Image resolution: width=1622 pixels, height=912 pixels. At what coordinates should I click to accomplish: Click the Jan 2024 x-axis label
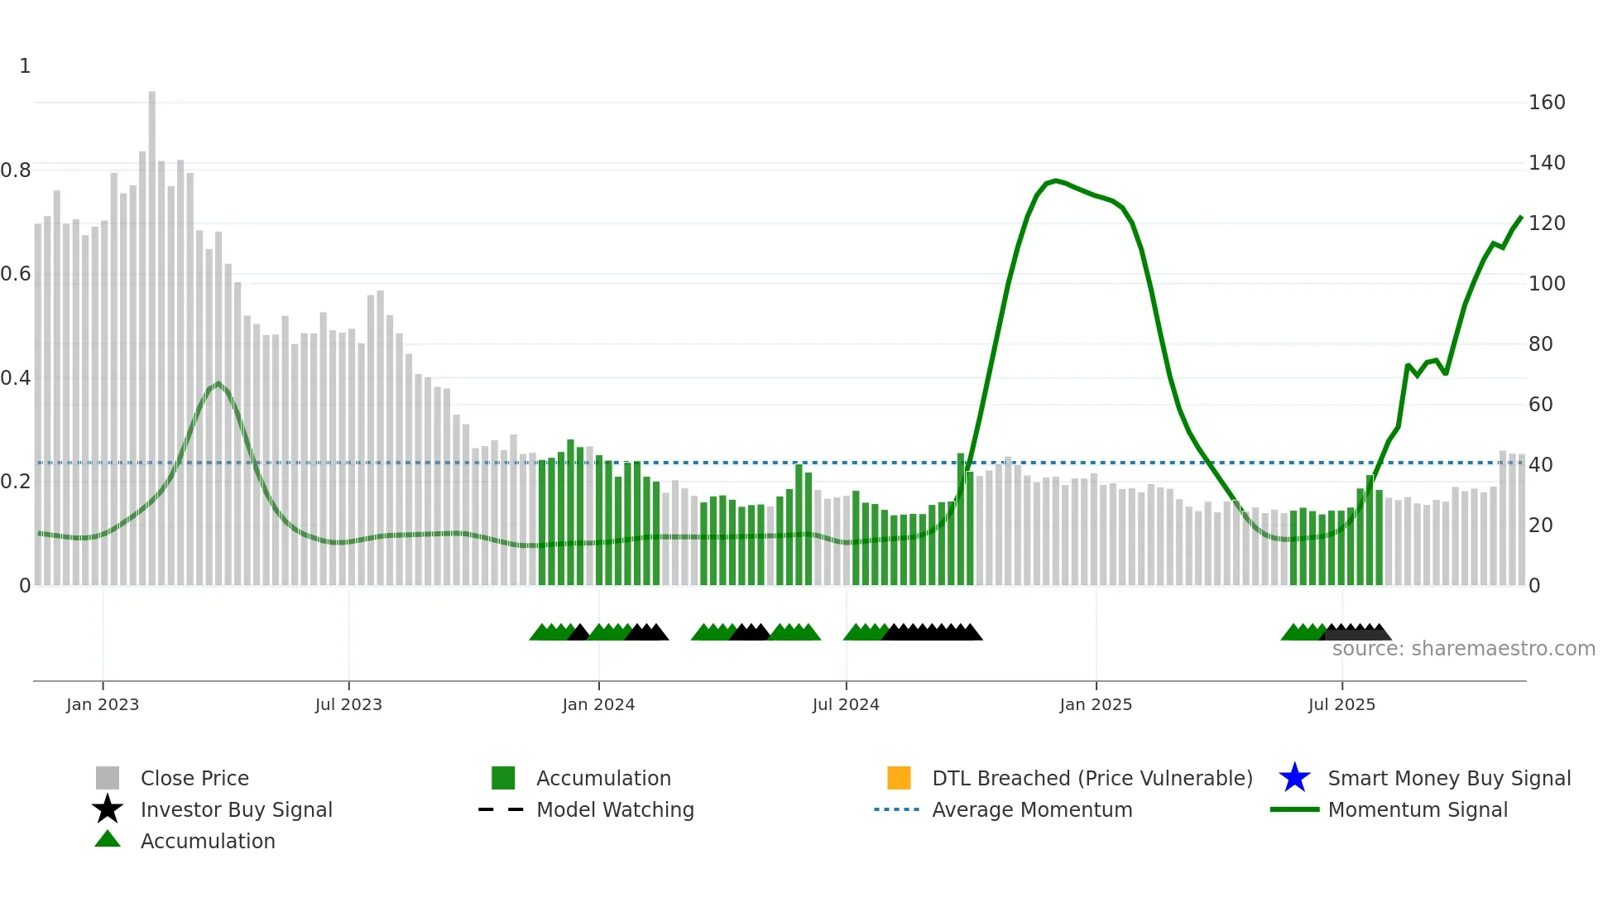(x=598, y=704)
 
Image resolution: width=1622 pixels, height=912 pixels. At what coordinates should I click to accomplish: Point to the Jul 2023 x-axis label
(x=348, y=704)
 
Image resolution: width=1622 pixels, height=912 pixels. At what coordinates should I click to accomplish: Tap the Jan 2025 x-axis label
(x=1096, y=704)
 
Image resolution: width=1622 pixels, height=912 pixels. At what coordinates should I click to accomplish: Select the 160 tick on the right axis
(x=1546, y=103)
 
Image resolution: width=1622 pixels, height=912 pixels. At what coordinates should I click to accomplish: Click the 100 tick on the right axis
(x=1546, y=284)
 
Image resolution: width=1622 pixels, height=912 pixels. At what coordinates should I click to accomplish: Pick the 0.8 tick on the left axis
(x=16, y=170)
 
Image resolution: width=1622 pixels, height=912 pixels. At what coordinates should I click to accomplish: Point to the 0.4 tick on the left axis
(x=16, y=378)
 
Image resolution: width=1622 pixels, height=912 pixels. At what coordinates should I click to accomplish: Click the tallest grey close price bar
(x=152, y=331)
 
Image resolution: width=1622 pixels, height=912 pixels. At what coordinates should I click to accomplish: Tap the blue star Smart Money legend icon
(x=1294, y=778)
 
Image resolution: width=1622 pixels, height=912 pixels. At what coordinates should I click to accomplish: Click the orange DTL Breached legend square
(x=899, y=778)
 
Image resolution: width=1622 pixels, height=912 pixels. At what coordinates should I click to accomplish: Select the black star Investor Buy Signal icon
(x=108, y=809)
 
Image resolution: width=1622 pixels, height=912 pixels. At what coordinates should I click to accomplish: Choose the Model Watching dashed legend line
(x=501, y=809)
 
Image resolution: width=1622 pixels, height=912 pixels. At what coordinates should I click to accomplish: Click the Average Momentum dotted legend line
(x=896, y=809)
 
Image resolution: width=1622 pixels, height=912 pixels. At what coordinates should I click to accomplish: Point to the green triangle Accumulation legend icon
(x=108, y=839)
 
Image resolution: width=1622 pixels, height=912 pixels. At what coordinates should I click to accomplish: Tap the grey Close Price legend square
(x=108, y=778)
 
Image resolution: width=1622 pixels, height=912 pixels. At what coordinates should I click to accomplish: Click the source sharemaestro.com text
(x=1463, y=649)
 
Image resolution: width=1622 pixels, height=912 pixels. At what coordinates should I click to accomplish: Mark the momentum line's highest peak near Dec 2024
(x=1054, y=180)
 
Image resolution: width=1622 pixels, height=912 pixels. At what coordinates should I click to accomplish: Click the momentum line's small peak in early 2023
(x=218, y=383)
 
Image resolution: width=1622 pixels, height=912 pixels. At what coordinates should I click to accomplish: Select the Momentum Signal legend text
(x=1417, y=809)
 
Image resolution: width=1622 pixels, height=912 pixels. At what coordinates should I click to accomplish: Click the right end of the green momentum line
(x=1521, y=217)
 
